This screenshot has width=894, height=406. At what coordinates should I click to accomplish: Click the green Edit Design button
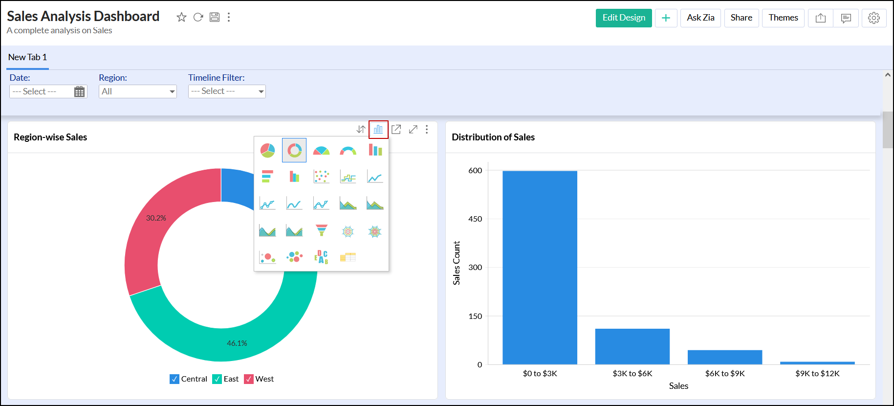623,18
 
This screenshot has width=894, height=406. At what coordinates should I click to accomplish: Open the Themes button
783,18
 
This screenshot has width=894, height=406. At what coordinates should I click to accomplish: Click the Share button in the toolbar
741,18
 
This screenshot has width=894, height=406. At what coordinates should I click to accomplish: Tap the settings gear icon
873,18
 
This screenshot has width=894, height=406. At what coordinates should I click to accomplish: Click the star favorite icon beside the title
181,18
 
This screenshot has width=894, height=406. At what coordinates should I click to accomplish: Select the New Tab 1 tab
28,57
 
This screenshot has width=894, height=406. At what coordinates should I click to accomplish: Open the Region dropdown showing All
137,91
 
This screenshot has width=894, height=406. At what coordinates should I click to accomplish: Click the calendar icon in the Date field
79,91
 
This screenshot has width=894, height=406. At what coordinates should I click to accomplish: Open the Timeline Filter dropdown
227,91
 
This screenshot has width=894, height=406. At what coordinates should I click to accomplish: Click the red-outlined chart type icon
378,130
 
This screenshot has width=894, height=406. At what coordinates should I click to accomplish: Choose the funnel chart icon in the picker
321,230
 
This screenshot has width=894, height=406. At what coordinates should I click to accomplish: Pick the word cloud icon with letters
321,257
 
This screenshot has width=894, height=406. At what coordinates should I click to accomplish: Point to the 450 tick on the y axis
475,219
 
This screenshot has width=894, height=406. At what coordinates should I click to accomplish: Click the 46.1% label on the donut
237,343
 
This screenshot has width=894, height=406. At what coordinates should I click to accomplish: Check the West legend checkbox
249,379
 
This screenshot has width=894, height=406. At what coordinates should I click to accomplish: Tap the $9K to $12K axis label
817,374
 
